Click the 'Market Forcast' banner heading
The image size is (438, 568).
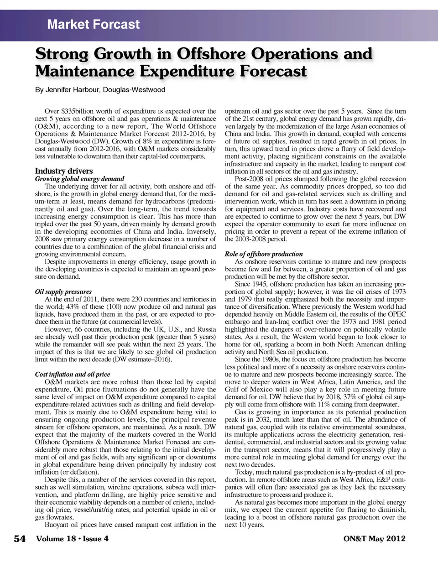tap(94, 24)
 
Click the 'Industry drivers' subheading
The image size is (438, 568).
tap(64, 171)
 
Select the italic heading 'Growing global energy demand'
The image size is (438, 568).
tap(79, 179)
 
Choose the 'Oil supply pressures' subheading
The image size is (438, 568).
tap(63, 292)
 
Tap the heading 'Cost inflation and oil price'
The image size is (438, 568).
tap(72, 374)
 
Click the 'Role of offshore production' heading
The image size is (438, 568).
tap(263, 254)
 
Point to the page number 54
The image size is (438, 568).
tap(20, 539)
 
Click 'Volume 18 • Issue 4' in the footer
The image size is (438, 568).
tap(72, 538)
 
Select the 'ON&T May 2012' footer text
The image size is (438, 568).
tap(374, 538)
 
